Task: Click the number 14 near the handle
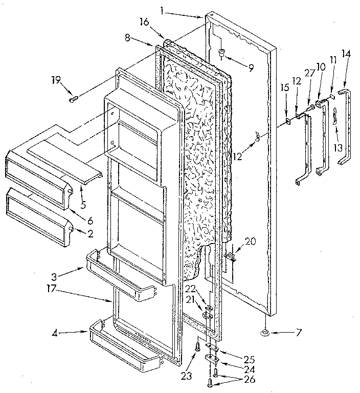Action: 346,53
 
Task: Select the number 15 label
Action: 285,88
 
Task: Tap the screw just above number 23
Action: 197,346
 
